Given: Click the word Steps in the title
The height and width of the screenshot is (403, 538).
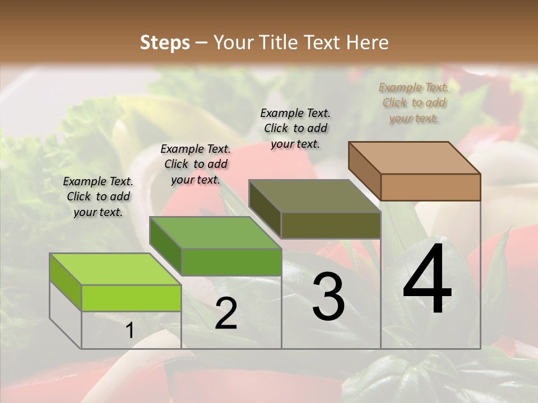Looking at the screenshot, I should click(x=165, y=43).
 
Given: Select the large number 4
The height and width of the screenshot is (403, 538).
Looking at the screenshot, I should click(x=427, y=279).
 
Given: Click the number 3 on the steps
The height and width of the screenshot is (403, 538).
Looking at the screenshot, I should click(x=328, y=297).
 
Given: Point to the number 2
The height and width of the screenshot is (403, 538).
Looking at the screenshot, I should click(x=226, y=313).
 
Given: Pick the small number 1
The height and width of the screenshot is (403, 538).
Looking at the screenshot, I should click(x=130, y=331).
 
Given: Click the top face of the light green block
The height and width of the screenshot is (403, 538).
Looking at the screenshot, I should click(x=115, y=269).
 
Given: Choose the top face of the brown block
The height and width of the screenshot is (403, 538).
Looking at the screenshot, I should click(x=414, y=158).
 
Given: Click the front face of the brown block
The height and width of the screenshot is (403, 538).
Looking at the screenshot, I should click(x=430, y=187).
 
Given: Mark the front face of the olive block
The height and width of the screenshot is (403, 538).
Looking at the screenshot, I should click(x=331, y=225).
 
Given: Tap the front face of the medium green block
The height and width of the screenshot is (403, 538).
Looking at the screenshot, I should click(x=231, y=262).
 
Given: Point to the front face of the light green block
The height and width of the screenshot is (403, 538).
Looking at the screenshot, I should click(x=131, y=298).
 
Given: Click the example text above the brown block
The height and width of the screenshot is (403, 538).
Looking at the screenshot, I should click(x=414, y=102).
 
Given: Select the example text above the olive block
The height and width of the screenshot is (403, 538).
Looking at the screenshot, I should click(x=295, y=128).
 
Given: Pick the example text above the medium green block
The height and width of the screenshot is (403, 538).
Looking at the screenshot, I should click(x=196, y=164).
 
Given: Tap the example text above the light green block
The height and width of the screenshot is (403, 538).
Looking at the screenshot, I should click(x=98, y=196).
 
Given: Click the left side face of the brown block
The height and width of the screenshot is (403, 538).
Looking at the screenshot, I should click(x=364, y=171).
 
